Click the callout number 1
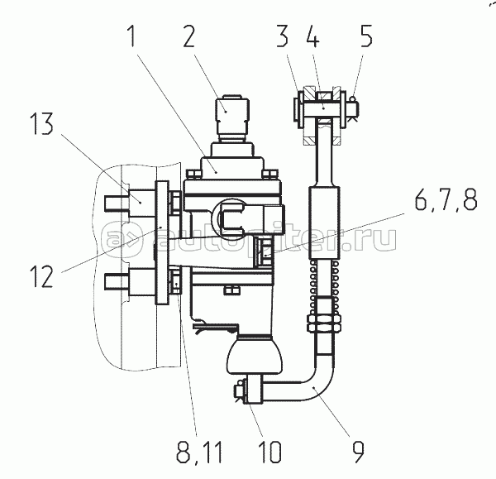pos(132,36)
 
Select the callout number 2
pos(188,36)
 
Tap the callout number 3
pos(282,36)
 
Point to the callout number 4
pos(312,36)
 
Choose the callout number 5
pos(366,36)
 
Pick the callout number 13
pos(42,124)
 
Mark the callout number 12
pos(42,275)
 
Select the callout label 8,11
pos(199,452)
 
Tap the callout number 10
pos(269,452)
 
